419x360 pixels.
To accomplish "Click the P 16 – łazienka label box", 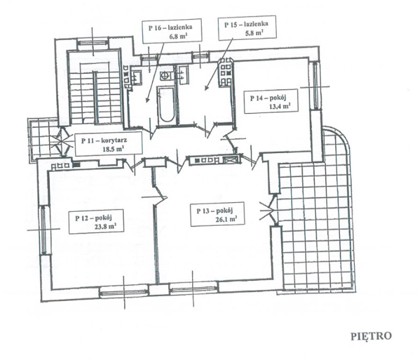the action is click(x=172, y=31).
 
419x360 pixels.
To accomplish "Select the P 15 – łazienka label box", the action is click(x=247, y=28).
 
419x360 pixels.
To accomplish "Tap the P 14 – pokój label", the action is click(x=271, y=101).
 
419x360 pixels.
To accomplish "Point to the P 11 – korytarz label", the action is click(x=109, y=144).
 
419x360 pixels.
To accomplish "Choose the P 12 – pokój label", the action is click(x=96, y=222).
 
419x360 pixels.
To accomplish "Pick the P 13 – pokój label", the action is click(x=217, y=214).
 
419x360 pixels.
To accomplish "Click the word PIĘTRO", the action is click(x=371, y=336).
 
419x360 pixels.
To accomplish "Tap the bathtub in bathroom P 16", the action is click(x=166, y=104).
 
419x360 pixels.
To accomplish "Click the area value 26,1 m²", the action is click(x=226, y=219).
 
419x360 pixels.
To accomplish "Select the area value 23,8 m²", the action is click(x=105, y=227).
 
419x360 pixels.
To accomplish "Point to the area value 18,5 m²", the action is click(x=113, y=149).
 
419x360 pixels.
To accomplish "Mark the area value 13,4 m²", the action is click(x=280, y=106).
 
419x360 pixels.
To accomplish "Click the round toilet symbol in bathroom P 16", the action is click(x=164, y=76).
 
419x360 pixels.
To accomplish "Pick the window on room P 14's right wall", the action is click(x=316, y=86).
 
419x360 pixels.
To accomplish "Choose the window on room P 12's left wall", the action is click(x=43, y=230).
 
